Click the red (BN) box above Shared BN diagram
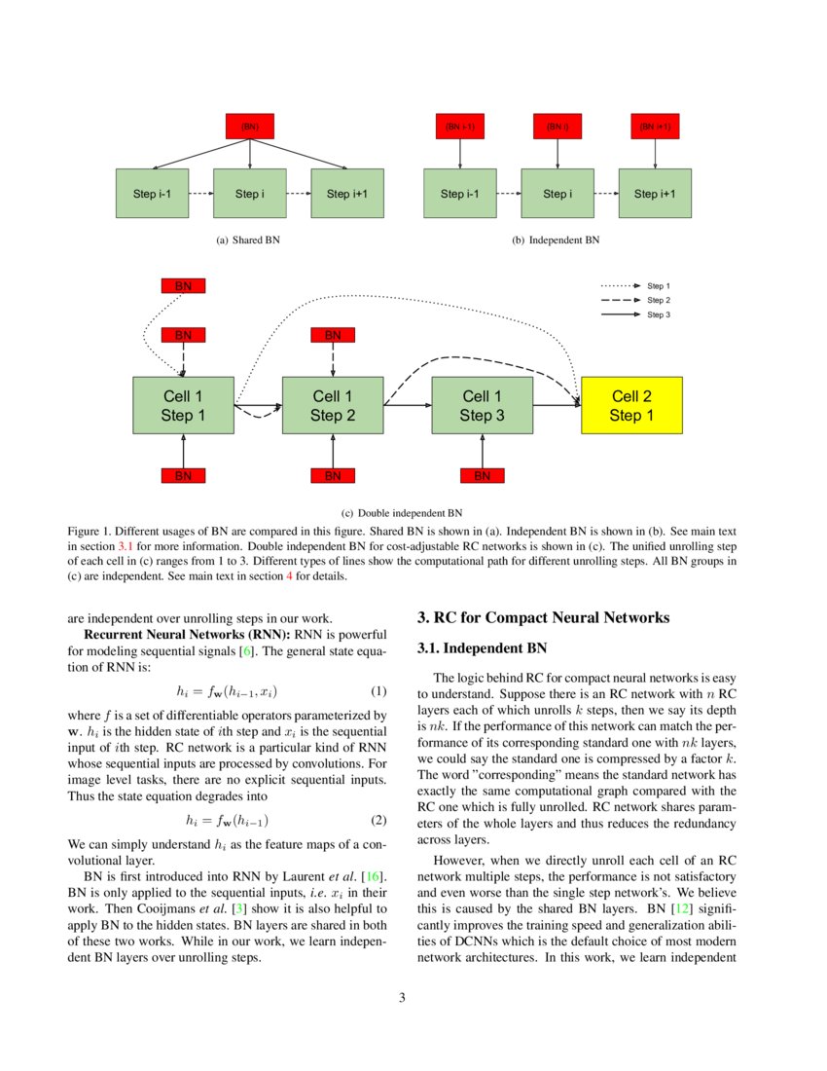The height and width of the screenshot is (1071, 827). [x=250, y=127]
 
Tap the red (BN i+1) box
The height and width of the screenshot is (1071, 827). [x=655, y=127]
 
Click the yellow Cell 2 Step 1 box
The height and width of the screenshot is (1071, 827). [x=632, y=406]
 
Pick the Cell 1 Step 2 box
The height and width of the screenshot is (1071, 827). [x=333, y=406]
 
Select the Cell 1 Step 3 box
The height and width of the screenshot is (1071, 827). [x=483, y=406]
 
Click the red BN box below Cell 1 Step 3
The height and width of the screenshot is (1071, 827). [x=483, y=476]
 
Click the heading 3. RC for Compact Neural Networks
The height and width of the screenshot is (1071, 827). [x=543, y=617]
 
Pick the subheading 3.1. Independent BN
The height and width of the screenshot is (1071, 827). [x=482, y=647]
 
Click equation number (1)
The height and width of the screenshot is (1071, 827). [x=379, y=692]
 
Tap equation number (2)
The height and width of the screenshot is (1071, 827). [x=379, y=821]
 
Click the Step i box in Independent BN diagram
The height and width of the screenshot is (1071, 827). [x=557, y=194]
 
